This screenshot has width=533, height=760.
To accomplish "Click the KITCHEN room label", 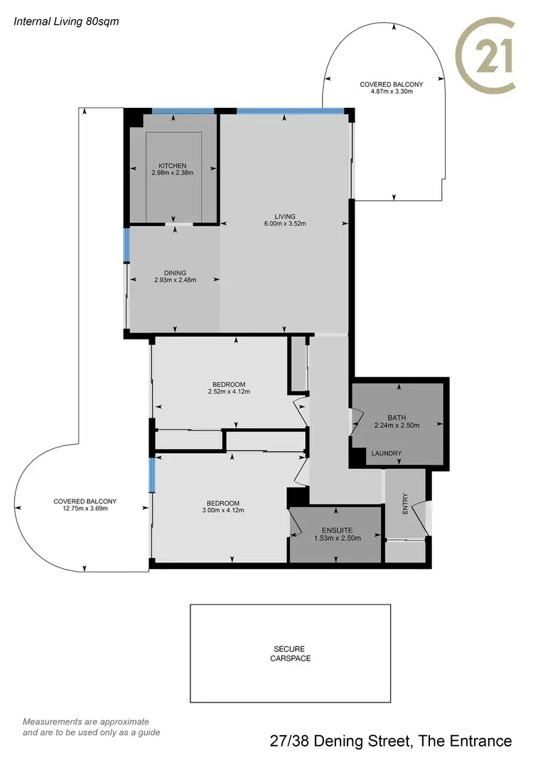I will tap(173, 165).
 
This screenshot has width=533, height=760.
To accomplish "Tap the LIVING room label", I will tap(285, 216).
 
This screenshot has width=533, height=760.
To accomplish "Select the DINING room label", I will tap(175, 273).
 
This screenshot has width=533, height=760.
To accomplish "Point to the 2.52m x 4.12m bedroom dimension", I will tap(229, 391).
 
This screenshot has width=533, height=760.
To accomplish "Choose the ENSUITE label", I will tap(338, 530).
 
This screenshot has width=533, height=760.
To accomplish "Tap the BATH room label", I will tap(397, 418).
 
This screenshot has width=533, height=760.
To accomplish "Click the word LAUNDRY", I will tap(387, 453).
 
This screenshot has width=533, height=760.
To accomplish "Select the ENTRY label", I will tap(406, 505).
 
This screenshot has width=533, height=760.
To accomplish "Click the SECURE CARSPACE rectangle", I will tap(290, 653).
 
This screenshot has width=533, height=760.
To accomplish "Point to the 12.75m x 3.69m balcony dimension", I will tap(85, 509).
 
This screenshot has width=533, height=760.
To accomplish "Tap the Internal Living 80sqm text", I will tap(67, 21).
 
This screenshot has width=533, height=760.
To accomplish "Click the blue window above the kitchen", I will tap(183, 111).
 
